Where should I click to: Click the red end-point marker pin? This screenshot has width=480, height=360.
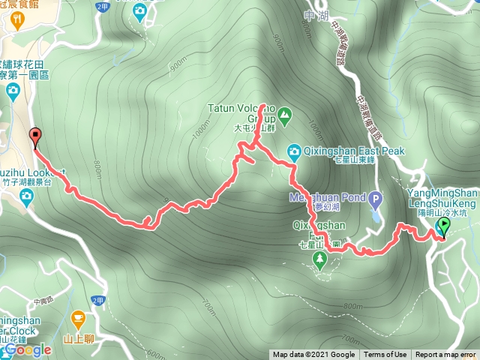coord(34,136)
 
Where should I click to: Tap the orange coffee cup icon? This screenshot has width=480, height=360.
coord(78,318)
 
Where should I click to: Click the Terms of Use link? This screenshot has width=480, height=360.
coord(385,355)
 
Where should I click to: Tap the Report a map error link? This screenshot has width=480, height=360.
coord(446,355)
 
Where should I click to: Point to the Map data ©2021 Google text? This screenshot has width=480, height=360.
coord(314,355)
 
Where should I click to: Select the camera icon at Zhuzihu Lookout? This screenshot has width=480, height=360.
coord(27,196)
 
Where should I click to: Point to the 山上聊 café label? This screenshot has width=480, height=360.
coord(77,339)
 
